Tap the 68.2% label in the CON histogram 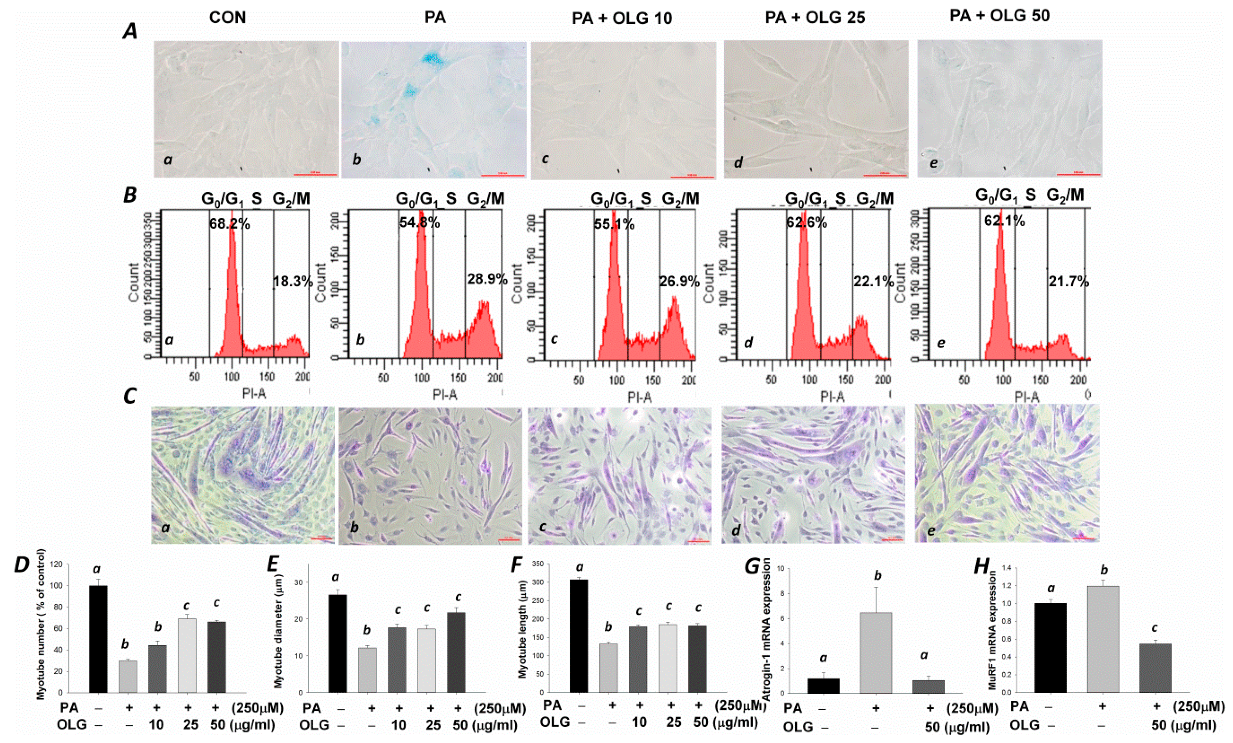(230, 223)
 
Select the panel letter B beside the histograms (130, 195)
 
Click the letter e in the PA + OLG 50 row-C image (931, 530)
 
